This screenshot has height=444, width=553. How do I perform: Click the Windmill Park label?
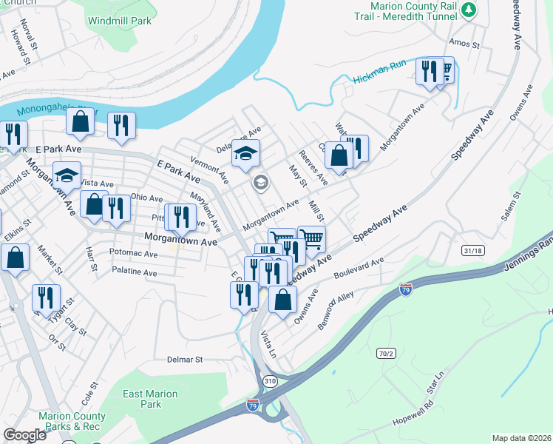pyautogui.click(x=119, y=21)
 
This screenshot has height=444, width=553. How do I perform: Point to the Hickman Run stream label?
pyautogui.click(x=379, y=73)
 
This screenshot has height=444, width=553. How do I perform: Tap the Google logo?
pyautogui.click(x=24, y=435)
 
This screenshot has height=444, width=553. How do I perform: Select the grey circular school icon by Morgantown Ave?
pyautogui.click(x=260, y=182)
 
